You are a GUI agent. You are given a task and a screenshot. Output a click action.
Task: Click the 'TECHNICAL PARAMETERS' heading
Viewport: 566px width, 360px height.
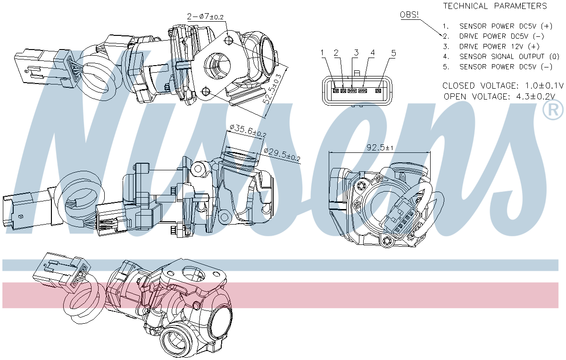pyautogui.click(x=495, y=6)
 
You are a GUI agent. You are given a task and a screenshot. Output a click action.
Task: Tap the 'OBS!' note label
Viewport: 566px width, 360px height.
pyautogui.click(x=409, y=15)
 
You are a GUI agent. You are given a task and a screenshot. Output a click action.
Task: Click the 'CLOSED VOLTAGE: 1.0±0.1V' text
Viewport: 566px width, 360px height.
pyautogui.click(x=503, y=86)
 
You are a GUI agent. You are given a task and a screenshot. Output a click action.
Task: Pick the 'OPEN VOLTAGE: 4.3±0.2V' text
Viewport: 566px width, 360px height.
pyautogui.click(x=499, y=97)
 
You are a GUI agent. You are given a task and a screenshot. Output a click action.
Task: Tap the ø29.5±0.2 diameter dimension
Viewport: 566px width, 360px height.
pyautogui.click(x=282, y=154)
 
